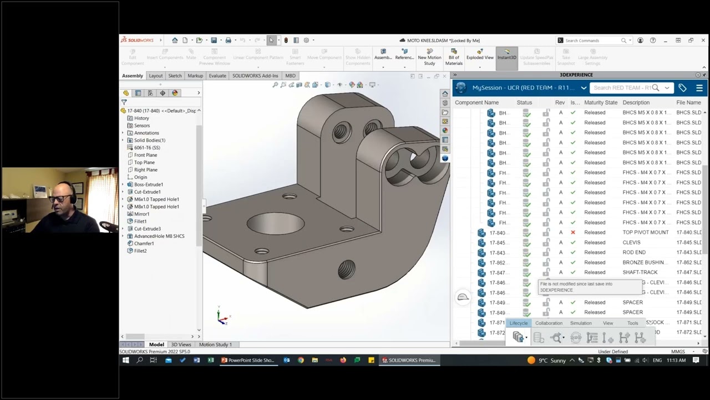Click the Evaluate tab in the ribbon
click(217, 76)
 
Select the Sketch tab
click(175, 76)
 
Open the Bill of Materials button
click(454, 57)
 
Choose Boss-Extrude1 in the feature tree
click(148, 184)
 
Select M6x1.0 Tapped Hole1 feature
click(156, 199)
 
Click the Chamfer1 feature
click(144, 243)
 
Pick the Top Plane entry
click(144, 162)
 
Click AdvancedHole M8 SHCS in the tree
click(159, 236)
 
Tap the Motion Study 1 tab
click(215, 344)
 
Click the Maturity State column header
click(600, 102)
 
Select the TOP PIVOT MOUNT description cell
click(645, 232)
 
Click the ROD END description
click(633, 252)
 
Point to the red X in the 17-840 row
click(573, 232)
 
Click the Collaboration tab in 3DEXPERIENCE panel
click(548, 323)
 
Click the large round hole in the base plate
click(275, 223)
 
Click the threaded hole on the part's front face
click(347, 270)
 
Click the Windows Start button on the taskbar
click(126, 360)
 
